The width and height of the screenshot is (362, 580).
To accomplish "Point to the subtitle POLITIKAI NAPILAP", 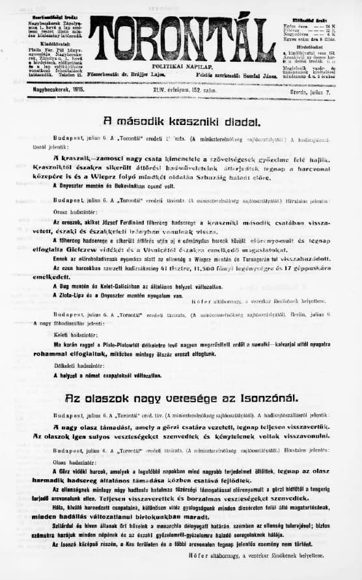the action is point(182,66).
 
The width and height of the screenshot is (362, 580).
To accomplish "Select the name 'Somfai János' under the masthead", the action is point(258,76).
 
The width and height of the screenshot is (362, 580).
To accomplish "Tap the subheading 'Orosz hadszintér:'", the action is point(73,213).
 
